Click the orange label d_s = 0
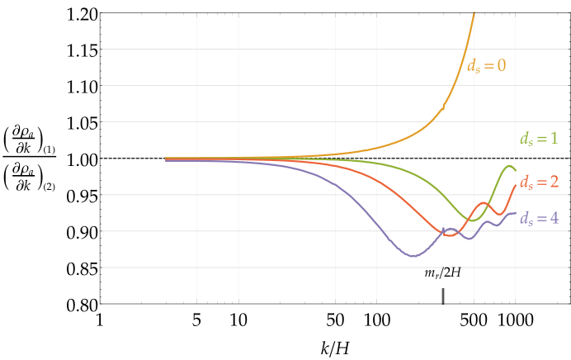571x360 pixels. click(x=486, y=66)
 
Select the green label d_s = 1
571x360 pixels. click(x=538, y=139)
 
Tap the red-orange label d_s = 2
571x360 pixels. click(x=538, y=182)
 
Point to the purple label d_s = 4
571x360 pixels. click(x=538, y=219)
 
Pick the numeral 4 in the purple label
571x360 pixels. click(x=554, y=219)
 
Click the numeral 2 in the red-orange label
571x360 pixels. click(x=554, y=182)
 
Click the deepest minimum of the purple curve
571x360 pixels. click(x=414, y=256)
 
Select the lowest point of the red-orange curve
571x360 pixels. click(x=448, y=235)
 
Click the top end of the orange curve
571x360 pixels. click(x=474, y=12)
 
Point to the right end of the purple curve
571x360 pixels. click(x=516, y=213)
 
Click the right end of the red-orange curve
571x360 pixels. click(x=516, y=185)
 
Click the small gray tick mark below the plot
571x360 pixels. click(x=443, y=296)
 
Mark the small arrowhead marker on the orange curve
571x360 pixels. click(x=443, y=107)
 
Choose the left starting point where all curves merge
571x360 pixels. click(x=167, y=159)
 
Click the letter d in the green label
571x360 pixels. click(x=523, y=139)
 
